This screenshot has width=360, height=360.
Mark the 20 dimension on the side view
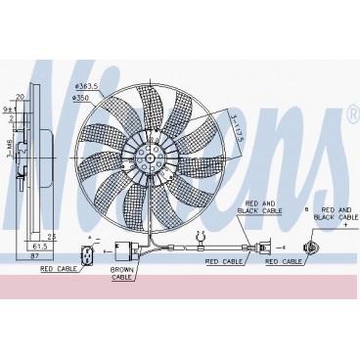(x=20, y=97)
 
